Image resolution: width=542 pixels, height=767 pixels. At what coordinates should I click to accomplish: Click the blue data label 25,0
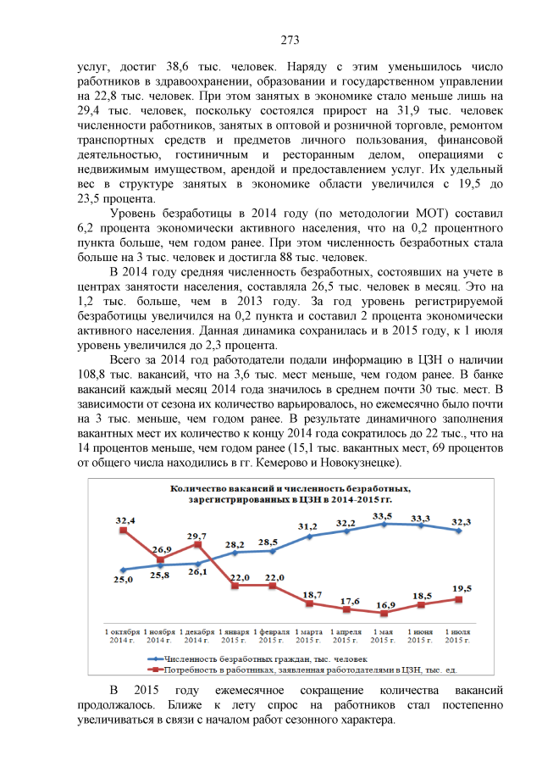point(123,580)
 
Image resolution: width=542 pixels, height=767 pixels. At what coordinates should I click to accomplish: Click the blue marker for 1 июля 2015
point(458,531)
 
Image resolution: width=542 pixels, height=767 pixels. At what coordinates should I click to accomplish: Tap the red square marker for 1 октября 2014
point(124,531)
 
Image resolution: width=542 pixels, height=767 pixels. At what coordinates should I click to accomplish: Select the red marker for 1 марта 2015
point(310,603)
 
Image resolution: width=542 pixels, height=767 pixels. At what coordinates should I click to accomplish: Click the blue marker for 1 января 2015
point(235,553)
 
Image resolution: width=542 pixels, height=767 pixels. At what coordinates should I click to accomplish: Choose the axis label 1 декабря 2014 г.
point(197,636)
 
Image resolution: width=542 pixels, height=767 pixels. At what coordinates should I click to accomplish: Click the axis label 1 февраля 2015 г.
point(273,636)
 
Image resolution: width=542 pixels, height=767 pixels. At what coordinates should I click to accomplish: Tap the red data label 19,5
point(462,588)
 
